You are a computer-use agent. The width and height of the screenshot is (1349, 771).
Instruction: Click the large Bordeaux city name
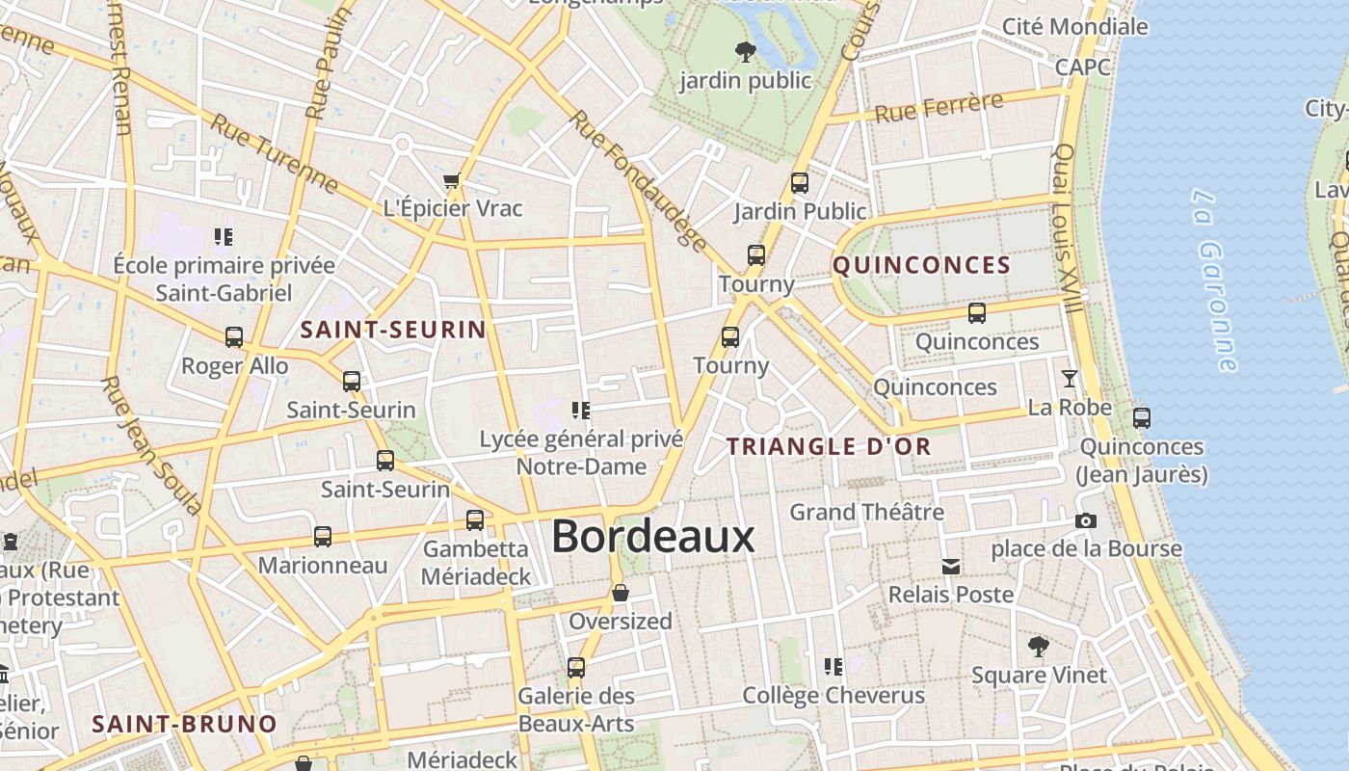click(652, 537)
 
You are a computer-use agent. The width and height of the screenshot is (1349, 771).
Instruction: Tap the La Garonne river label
click(1213, 280)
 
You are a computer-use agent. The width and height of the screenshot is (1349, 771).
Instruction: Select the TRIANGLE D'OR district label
click(829, 446)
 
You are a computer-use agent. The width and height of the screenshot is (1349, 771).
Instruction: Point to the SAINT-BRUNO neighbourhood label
click(184, 724)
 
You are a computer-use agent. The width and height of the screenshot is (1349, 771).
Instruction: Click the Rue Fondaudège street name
click(638, 180)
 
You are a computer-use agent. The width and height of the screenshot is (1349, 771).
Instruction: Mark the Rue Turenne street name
click(275, 151)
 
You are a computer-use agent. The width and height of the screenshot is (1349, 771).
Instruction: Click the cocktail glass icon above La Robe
click(1069, 378)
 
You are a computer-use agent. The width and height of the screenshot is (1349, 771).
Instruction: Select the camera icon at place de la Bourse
click(1086, 520)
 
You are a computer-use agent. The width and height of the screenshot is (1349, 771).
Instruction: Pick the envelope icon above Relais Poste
click(951, 567)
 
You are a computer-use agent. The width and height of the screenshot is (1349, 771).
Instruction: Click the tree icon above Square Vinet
click(1038, 646)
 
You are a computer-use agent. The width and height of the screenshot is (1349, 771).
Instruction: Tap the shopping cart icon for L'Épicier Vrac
click(451, 180)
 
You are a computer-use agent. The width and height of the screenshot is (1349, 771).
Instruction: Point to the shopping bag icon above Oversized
click(621, 593)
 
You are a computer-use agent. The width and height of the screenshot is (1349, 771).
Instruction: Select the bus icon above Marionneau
click(323, 537)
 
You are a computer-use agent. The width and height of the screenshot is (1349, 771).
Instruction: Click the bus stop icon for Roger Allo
click(234, 337)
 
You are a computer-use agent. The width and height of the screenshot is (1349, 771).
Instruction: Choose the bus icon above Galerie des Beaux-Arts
click(576, 667)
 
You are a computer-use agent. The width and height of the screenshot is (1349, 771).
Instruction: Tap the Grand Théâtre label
click(866, 512)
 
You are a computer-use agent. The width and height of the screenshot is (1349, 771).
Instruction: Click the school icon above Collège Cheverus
click(833, 666)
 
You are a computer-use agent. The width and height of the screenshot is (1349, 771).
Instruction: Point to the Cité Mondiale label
click(1074, 26)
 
